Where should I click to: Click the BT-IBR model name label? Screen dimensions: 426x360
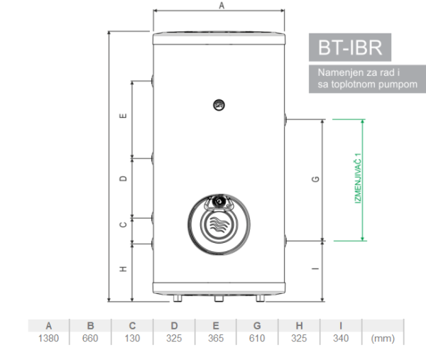pyautogui.click(x=350, y=48)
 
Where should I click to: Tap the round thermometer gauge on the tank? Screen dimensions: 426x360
pyautogui.click(x=219, y=105)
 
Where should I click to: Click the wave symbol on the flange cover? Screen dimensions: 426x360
pyautogui.click(x=219, y=224)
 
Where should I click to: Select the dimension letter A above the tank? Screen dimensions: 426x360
pyautogui.click(x=222, y=6)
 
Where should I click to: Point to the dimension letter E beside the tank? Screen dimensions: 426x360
pyautogui.click(x=123, y=116)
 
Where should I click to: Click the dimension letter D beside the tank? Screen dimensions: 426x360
pyautogui.click(x=123, y=178)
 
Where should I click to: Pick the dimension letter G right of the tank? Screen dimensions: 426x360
pyautogui.click(x=315, y=179)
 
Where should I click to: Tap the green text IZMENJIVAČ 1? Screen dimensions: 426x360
pyautogui.click(x=359, y=178)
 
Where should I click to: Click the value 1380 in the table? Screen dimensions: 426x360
pyautogui.click(x=48, y=338)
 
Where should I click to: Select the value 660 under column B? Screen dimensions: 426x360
pyautogui.click(x=90, y=338)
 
